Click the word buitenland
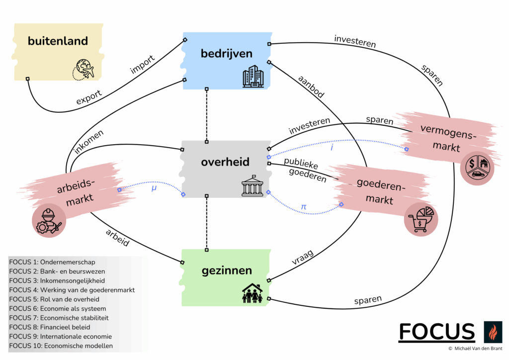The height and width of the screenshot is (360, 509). pyautogui.click(x=58, y=41)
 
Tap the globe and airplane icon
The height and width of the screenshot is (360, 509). pyautogui.click(x=84, y=70)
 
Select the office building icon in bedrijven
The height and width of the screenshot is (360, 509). pyautogui.click(x=253, y=77)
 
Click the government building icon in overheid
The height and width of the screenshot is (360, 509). pyautogui.click(x=252, y=186)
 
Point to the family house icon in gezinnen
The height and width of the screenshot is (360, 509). pyautogui.click(x=252, y=293)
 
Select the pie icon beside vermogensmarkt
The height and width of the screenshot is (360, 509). pyautogui.click(x=477, y=168)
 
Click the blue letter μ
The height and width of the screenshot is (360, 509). pyautogui.click(x=154, y=188)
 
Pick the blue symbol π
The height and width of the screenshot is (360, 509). pyautogui.click(x=304, y=207)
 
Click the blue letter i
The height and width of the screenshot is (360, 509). pyautogui.click(x=332, y=148)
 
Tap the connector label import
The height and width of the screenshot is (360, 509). pyautogui.click(x=142, y=64)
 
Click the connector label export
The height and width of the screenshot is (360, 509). pyautogui.click(x=89, y=97)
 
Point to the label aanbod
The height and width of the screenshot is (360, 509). pyautogui.click(x=311, y=87)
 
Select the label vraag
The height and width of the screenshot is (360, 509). pyautogui.click(x=303, y=257)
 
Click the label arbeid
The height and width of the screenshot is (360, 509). pyautogui.click(x=117, y=238)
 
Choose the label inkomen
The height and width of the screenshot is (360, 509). pyautogui.click(x=88, y=142)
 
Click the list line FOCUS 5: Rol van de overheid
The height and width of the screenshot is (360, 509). pyautogui.click(x=54, y=299)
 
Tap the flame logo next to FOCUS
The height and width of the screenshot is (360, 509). pyautogui.click(x=493, y=332)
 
